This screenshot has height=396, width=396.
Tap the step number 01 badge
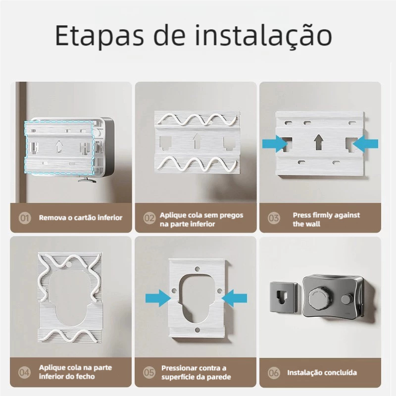pos(25,218)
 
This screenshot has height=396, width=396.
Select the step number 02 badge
pos(149,218)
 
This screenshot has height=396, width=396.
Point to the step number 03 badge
pos(274,218)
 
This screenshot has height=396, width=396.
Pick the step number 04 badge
pos(24,372)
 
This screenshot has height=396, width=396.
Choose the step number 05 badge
pos(149,372)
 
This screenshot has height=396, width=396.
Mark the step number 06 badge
pos(274,373)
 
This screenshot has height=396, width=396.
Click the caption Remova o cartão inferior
pos(81,218)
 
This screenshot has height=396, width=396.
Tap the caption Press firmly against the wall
pos(326,219)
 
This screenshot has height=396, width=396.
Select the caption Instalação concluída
pos(322,373)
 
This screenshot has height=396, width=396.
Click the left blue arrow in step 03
pos(275,144)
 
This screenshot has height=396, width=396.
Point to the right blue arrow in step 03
pos(365,144)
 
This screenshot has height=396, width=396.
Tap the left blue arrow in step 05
pos(158,298)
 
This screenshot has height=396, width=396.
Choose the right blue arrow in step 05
pos(235,298)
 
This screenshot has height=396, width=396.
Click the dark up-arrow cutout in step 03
pos(319,142)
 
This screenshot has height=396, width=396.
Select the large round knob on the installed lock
pos(319,298)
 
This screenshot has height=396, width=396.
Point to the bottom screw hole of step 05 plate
pos(198,330)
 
